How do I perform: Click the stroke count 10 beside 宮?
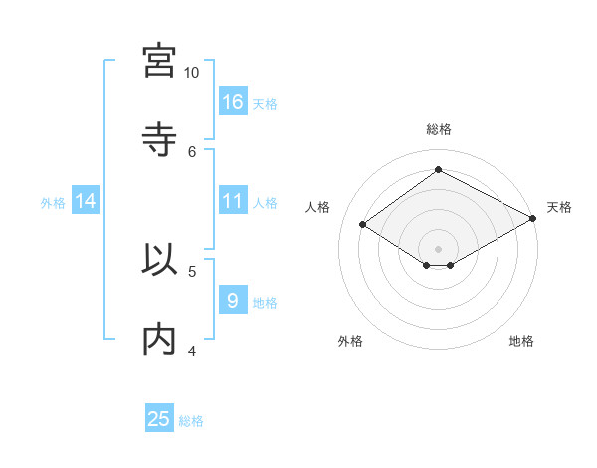(x=192, y=73)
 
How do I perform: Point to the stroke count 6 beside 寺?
(x=192, y=151)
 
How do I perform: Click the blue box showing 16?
(x=233, y=102)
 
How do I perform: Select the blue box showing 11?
(x=233, y=201)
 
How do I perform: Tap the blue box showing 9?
(x=233, y=301)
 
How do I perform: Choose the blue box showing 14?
(x=86, y=201)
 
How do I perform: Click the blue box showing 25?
(x=159, y=419)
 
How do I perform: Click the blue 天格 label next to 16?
(x=265, y=104)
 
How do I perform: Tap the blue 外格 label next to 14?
(x=53, y=203)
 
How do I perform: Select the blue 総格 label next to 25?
(x=191, y=421)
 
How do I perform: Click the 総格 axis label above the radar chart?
(x=439, y=129)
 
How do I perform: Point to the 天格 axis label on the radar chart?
(x=559, y=207)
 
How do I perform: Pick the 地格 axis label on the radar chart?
(x=521, y=341)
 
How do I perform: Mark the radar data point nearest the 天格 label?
(x=534, y=218)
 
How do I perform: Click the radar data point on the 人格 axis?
(x=363, y=225)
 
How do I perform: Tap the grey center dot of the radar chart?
(x=439, y=248)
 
